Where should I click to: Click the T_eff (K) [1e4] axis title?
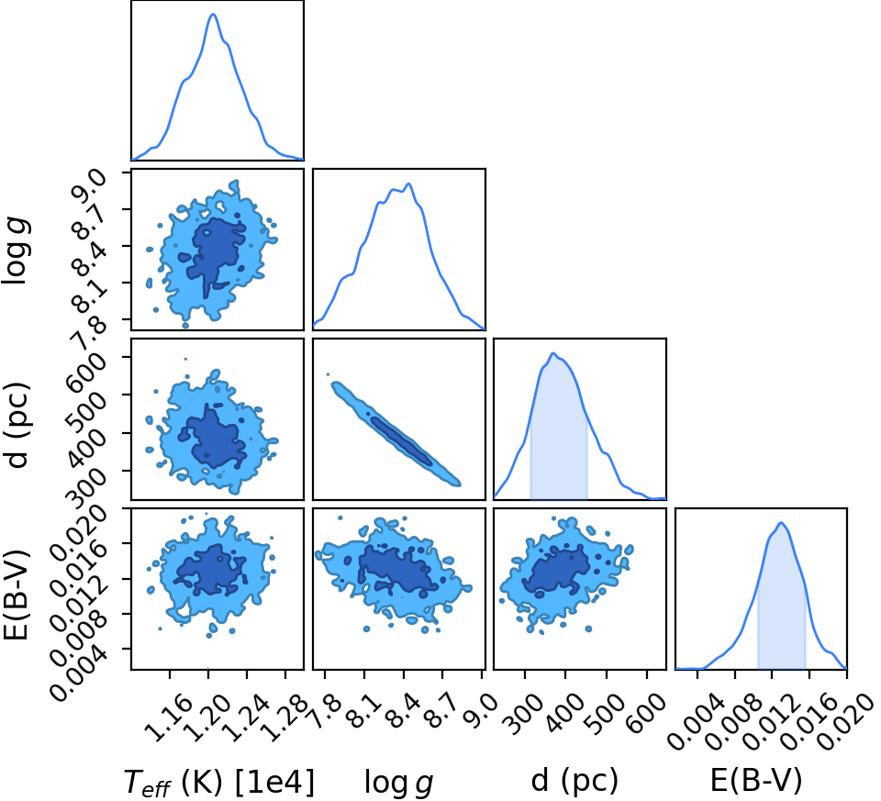pos(218,782)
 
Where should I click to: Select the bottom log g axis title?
pos(399,782)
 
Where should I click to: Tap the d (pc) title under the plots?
pos(574,780)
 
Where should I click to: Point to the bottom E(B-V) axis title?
pos(756,780)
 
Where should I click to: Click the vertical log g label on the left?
pos(17,251)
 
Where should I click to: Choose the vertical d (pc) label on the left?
pos(17,425)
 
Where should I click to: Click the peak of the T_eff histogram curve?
pos(213,14)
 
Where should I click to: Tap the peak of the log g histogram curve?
pos(409,184)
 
